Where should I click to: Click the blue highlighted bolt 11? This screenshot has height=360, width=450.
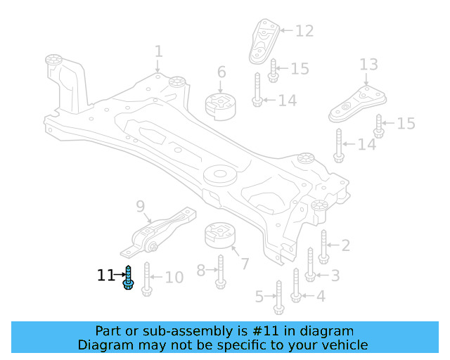[x=128, y=278]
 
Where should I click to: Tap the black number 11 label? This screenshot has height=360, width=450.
[x=105, y=276]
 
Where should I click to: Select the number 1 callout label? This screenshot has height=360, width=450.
[x=158, y=51]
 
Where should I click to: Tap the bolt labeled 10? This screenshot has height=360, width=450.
[x=147, y=278]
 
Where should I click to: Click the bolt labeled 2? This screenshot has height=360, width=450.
[x=323, y=246]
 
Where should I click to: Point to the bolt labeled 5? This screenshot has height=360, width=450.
[x=278, y=297]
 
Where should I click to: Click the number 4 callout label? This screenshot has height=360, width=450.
[x=321, y=296]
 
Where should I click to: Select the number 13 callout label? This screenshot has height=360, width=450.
[x=369, y=65]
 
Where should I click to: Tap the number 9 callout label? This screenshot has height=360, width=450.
[x=140, y=206]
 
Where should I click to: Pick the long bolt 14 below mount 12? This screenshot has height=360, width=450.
[x=257, y=91]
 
